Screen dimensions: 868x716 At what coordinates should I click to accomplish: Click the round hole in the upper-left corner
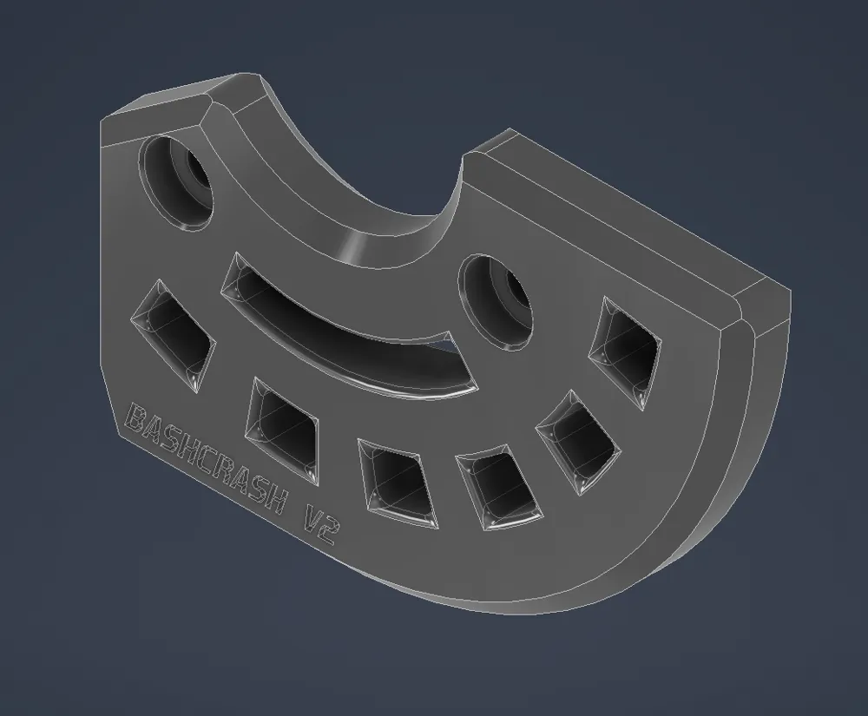177,182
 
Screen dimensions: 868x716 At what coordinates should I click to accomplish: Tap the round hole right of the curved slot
497,302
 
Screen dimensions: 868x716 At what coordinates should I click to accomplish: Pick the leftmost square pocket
173,334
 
